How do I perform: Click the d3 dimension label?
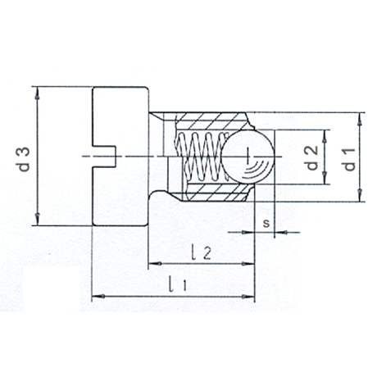coord(25,159)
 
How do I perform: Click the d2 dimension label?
coord(313,157)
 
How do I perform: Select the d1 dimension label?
coord(350,159)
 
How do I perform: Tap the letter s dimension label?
coord(266,223)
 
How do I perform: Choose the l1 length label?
coord(178,284)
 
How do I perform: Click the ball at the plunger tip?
coord(248,157)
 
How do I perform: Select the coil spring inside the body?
coord(202,157)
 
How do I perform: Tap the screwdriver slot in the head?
coord(104,157)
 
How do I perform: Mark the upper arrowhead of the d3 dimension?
coord(38,93)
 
